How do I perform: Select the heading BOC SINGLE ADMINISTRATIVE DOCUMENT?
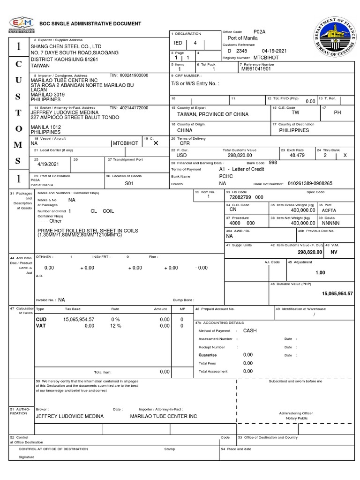click(x=90, y=23)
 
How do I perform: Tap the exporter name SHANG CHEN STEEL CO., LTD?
click(x=66, y=46)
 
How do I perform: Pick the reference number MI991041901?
click(x=256, y=68)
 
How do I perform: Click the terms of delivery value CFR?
click(x=185, y=143)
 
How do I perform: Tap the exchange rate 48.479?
click(x=298, y=155)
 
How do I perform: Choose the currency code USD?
click(x=181, y=155)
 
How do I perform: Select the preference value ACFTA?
click(x=329, y=210)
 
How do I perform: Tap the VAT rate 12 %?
click(x=116, y=326)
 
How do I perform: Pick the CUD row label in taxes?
click(x=41, y=319)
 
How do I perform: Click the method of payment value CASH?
click(x=250, y=330)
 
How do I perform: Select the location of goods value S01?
click(x=129, y=184)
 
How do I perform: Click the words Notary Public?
click(x=297, y=418)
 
